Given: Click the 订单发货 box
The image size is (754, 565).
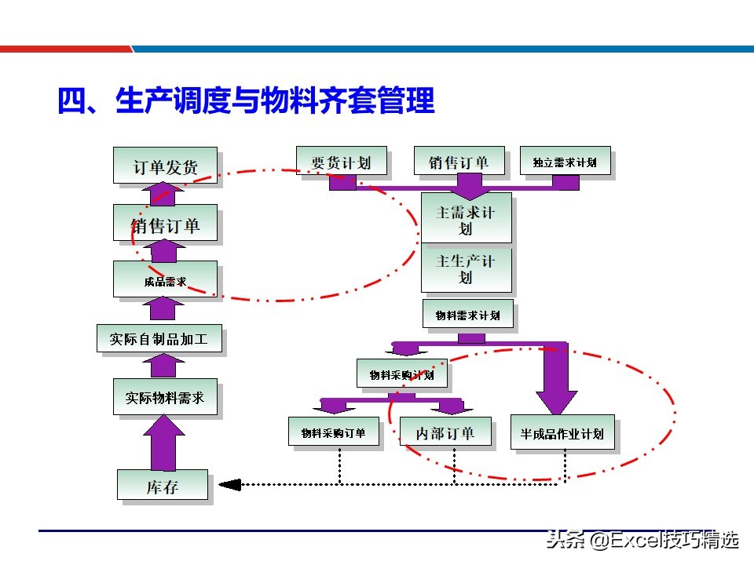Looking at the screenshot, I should (165, 166).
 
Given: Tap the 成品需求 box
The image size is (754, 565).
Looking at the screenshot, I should (165, 280).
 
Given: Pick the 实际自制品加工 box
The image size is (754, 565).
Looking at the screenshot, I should (159, 339).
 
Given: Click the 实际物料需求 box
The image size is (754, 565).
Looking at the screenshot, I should (165, 398).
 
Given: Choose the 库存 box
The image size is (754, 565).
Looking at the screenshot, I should (163, 485).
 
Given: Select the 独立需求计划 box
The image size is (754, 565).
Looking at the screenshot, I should (565, 162).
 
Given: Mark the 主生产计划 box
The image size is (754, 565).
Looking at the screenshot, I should (467, 268).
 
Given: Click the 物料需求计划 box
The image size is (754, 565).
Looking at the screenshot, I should (467, 315).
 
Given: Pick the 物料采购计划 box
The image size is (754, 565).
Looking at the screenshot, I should (401, 374).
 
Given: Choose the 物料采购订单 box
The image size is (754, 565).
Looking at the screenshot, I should (333, 432).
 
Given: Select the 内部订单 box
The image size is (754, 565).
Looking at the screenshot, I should (445, 432).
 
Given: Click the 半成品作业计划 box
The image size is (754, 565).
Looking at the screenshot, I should (562, 432).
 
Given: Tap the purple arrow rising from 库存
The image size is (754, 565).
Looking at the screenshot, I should (163, 443).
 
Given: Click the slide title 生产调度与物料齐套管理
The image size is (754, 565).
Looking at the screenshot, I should (246, 101).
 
